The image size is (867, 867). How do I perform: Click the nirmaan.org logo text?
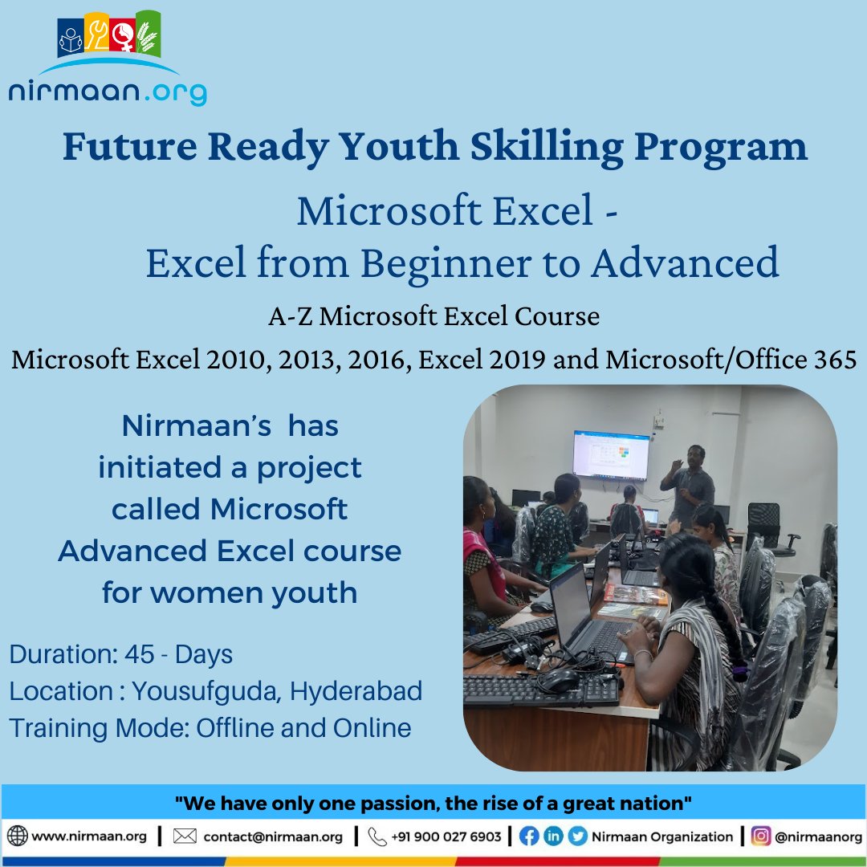point(107,90)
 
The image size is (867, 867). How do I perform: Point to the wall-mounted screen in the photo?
point(611,454)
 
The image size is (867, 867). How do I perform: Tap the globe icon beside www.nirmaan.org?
point(17,836)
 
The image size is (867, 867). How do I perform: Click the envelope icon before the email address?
point(185,836)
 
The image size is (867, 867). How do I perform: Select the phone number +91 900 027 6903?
point(446,836)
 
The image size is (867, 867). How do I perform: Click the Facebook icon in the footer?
point(529,836)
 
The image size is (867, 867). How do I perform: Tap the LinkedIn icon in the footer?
point(553,836)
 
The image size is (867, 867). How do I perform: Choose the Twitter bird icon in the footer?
point(577,836)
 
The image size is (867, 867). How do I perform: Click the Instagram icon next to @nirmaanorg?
point(761,836)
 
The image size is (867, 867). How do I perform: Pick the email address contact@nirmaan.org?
point(273,836)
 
